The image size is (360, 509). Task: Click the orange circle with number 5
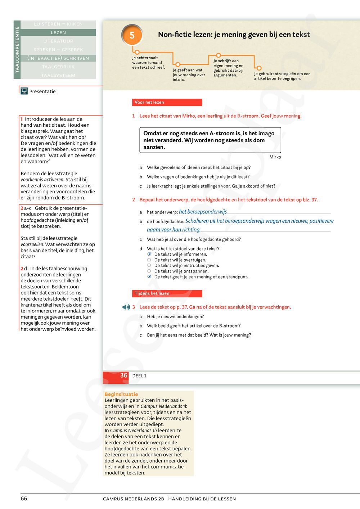point(132,35)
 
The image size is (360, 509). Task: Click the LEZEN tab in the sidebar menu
point(58,32)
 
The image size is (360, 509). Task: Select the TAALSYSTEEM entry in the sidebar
point(58,75)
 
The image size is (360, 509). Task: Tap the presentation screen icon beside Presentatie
point(24,91)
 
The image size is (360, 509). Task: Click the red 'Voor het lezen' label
point(167,102)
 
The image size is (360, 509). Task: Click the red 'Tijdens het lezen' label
point(167,293)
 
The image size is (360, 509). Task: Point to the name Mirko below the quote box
point(275,157)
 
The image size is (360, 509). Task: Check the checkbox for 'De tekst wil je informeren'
point(149,254)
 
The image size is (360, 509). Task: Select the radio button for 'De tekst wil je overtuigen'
point(149,260)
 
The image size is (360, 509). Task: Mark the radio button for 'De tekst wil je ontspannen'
point(149,271)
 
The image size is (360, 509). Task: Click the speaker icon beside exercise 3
point(126,307)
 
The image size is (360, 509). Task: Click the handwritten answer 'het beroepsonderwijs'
point(203,212)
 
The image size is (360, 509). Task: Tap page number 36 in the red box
point(123,375)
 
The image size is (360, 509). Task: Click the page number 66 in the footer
point(24,499)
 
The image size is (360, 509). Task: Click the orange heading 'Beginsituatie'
point(121,394)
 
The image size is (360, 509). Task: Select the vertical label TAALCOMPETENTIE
point(17,50)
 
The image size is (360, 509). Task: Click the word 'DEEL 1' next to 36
point(139,376)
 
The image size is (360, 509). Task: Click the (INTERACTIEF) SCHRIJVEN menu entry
point(58,58)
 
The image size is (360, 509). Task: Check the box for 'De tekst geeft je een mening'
point(149,277)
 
